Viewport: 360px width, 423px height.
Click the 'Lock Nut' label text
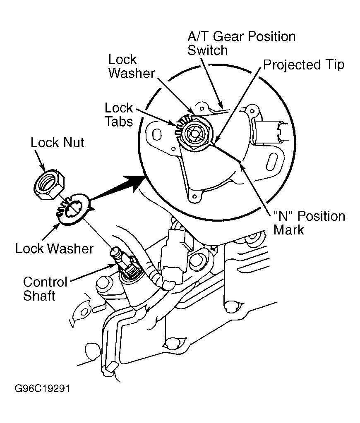[57, 142]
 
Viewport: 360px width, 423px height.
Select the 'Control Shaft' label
[45, 289]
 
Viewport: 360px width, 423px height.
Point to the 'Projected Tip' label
[304, 65]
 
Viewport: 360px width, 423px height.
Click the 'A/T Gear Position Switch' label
[241, 43]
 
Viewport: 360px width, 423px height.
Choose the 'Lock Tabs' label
[119, 115]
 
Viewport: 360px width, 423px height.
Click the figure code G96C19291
[42, 389]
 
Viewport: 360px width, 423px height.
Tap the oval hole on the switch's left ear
[157, 134]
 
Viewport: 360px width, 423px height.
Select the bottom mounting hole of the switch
[194, 197]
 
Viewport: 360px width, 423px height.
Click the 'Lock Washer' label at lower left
[54, 249]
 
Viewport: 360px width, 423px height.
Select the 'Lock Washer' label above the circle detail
[132, 66]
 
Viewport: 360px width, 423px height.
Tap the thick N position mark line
[227, 154]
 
